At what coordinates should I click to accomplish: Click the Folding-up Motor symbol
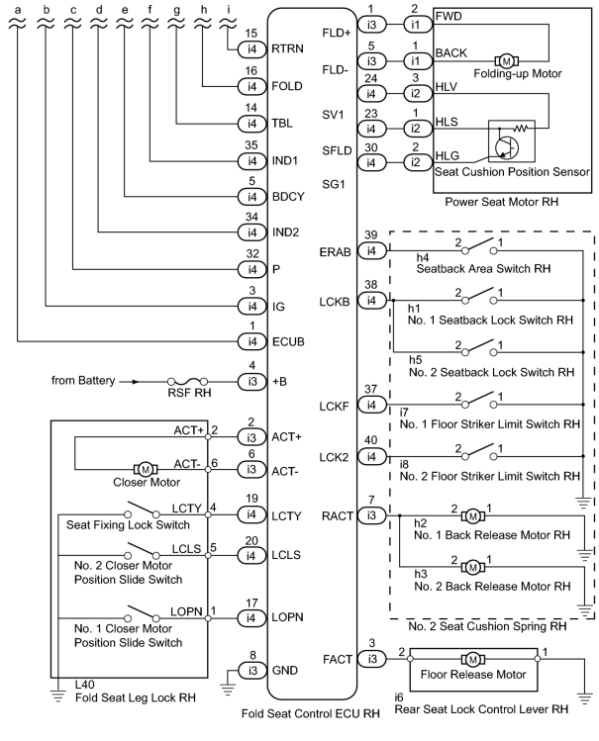pyautogui.click(x=506, y=61)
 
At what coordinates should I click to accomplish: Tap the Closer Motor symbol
pyautogui.click(x=146, y=469)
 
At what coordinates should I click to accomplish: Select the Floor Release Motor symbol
pyautogui.click(x=473, y=659)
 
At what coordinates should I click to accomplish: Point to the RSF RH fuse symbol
pyautogui.click(x=188, y=381)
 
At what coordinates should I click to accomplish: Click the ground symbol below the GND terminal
pyautogui.click(x=228, y=690)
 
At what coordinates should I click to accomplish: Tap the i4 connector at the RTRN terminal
pyautogui.click(x=252, y=48)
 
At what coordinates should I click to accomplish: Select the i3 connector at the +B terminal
pyautogui.click(x=252, y=381)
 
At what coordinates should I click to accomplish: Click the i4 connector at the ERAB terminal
pyautogui.click(x=371, y=250)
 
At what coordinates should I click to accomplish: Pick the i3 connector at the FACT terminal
pyautogui.click(x=371, y=659)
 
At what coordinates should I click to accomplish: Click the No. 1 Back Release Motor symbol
pyautogui.click(x=473, y=515)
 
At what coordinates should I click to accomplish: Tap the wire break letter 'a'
pyautogui.click(x=18, y=10)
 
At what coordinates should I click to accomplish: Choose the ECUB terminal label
pyautogui.click(x=288, y=341)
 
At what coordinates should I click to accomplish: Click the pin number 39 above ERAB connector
pyautogui.click(x=371, y=234)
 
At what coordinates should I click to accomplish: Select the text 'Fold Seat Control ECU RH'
pyautogui.click(x=311, y=713)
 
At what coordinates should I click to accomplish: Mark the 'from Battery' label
pyautogui.click(x=83, y=381)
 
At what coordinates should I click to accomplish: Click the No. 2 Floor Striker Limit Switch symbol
pyautogui.click(x=479, y=452)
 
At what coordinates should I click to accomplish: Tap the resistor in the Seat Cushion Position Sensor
pyautogui.click(x=521, y=128)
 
